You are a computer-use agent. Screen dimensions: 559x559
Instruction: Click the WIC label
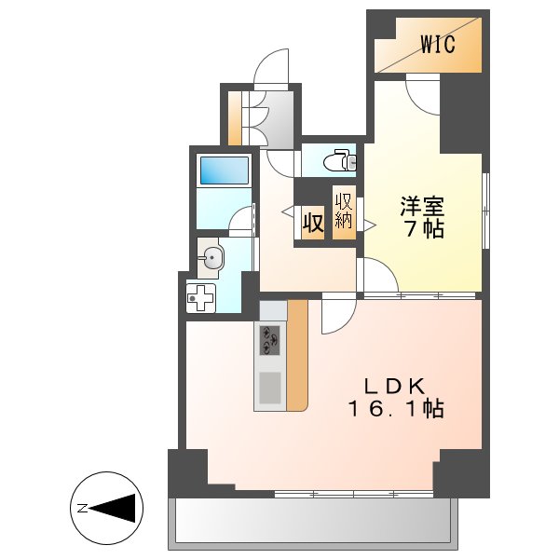(x=438, y=44)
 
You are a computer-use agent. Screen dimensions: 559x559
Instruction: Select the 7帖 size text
(x=422, y=228)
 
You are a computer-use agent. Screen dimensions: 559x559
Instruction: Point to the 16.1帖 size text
(x=395, y=408)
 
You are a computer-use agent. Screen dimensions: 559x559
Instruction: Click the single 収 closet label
(x=311, y=225)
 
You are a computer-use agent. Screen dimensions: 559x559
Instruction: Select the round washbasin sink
(x=213, y=259)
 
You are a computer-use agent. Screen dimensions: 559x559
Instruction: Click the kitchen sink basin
(x=270, y=386)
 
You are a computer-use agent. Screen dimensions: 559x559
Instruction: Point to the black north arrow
(x=116, y=508)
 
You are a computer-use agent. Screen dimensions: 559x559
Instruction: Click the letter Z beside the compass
(x=82, y=508)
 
